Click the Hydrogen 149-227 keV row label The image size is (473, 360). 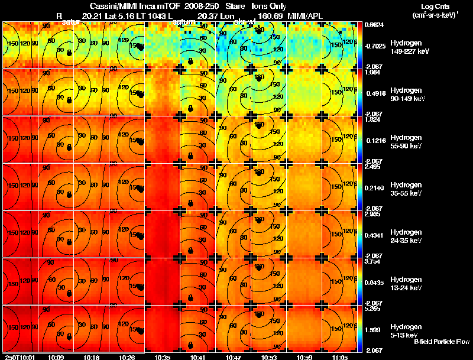tap(409, 47)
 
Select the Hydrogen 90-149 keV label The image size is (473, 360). tap(409, 95)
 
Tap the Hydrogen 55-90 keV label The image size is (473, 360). tap(409, 142)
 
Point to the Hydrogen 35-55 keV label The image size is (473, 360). tap(409, 189)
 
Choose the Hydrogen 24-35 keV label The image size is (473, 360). tap(409, 236)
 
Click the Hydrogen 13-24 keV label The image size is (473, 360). tap(409, 284)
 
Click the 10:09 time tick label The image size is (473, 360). tap(56, 356)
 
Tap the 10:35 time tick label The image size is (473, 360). tap(162, 356)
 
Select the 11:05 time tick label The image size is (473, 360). tap(340, 356)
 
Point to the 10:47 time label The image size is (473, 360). tap(233, 356)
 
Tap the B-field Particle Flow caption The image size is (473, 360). tap(441, 342)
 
